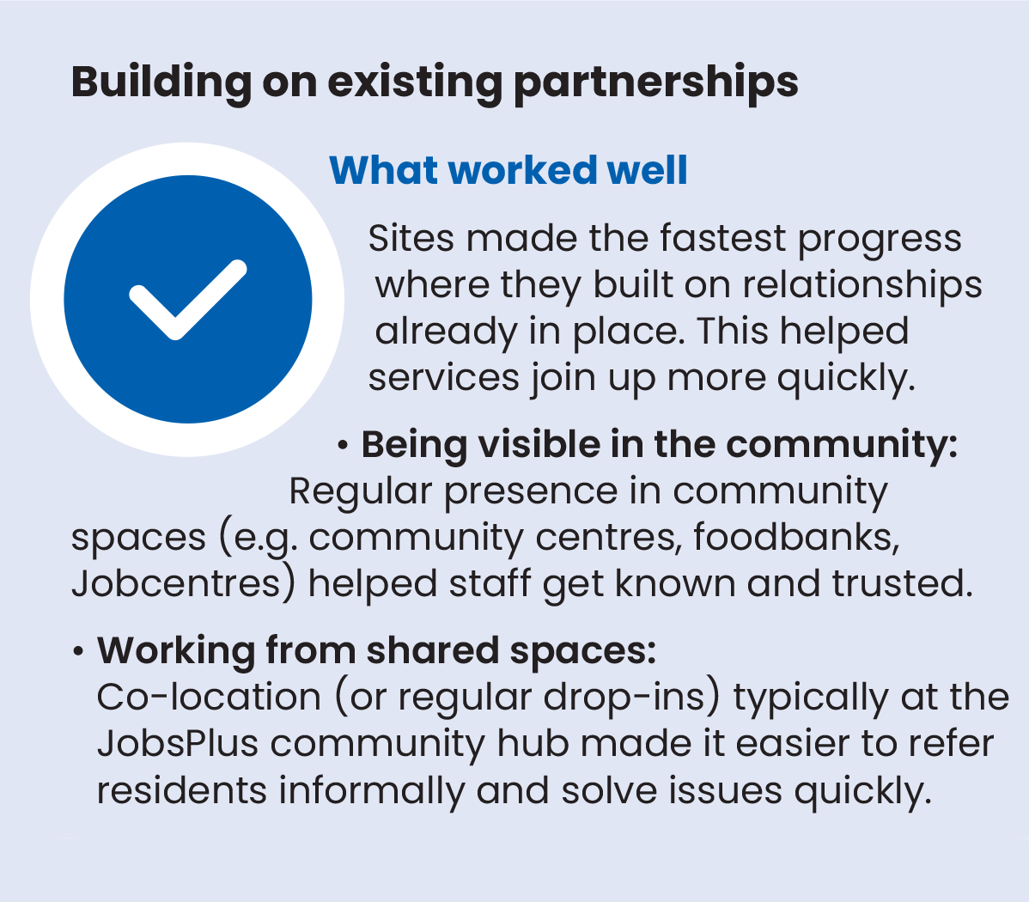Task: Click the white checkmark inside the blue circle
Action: coord(188,300)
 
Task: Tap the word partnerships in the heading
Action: coord(655,83)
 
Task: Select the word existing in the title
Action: coord(415,83)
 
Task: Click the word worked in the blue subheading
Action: coord(522,170)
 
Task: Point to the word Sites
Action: coord(411,238)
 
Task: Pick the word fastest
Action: coord(722,238)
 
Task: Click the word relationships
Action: coord(862,285)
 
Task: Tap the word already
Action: coord(447,332)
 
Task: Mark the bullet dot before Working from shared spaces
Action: coord(78,652)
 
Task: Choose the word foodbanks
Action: coord(796,537)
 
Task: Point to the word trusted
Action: coord(903,584)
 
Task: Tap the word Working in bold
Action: coord(176,651)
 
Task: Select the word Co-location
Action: coord(209,698)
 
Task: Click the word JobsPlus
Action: coord(178,744)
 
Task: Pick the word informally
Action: coord(371,790)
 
